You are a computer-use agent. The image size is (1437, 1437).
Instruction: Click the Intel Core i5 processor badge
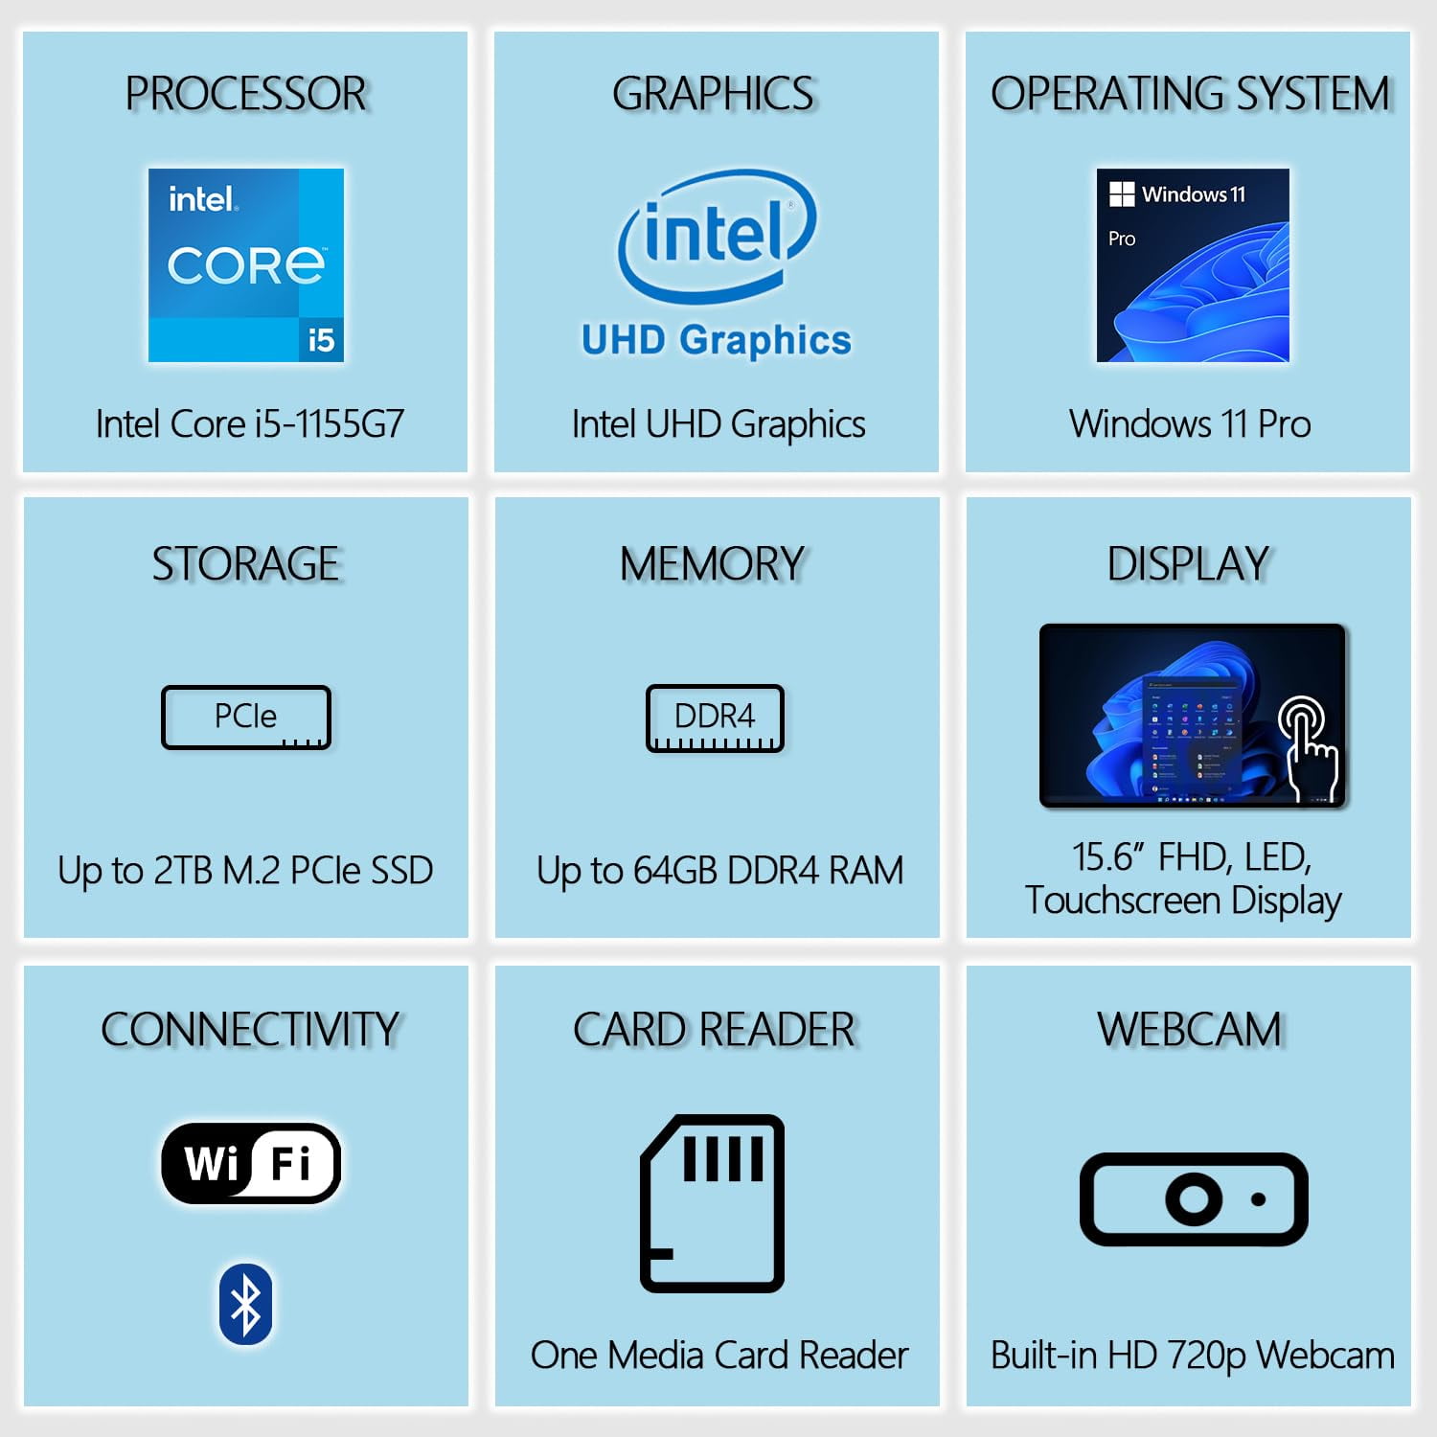click(x=246, y=265)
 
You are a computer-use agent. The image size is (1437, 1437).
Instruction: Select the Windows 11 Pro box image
click(x=1193, y=265)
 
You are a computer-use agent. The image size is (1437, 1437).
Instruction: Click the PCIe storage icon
click(x=246, y=718)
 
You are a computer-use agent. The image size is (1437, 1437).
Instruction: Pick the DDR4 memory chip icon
click(x=715, y=718)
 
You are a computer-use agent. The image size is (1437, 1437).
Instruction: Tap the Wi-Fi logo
click(x=251, y=1163)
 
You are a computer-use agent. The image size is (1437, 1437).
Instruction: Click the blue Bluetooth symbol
click(x=246, y=1304)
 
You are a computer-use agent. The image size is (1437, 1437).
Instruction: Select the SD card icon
click(x=712, y=1203)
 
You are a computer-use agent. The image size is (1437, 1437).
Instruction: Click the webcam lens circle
click(x=1194, y=1198)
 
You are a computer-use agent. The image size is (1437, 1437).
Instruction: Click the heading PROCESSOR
click(x=246, y=94)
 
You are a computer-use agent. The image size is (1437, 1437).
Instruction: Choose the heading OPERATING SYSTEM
click(x=1190, y=94)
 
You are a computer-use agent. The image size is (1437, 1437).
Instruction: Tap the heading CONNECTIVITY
click(x=250, y=1030)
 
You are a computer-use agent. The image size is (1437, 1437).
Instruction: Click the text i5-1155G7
click(x=330, y=423)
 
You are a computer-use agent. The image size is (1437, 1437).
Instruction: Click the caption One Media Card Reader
click(x=719, y=1355)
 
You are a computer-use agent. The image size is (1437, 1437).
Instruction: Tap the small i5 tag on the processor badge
click(x=321, y=340)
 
